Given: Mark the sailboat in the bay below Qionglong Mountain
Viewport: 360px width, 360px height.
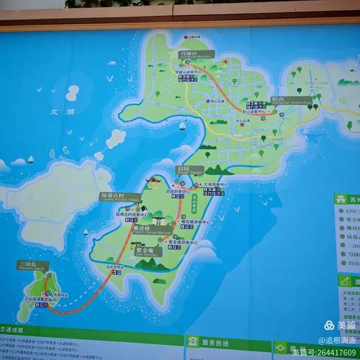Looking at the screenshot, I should (182, 126).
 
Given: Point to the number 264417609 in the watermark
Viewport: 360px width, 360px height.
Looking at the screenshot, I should (333, 352).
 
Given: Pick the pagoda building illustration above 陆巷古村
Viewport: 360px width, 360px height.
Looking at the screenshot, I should (153, 181).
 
